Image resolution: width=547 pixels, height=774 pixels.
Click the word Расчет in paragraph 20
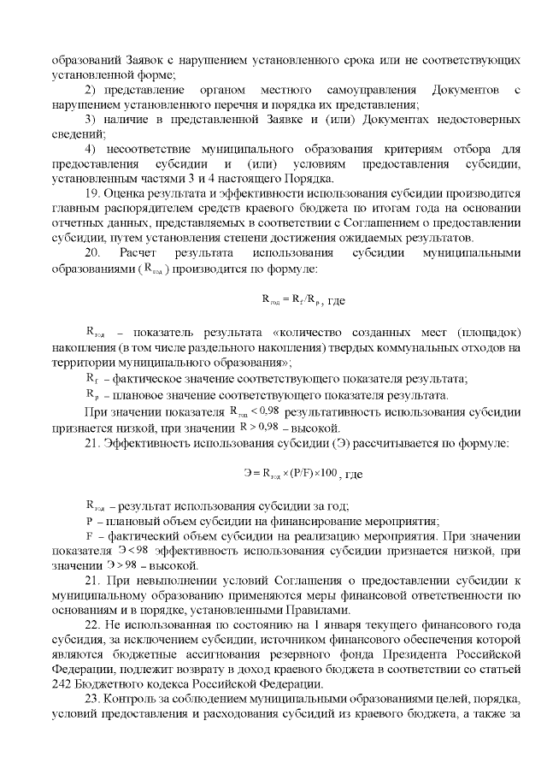(x=140, y=253)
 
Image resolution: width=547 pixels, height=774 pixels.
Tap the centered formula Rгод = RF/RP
(x=292, y=300)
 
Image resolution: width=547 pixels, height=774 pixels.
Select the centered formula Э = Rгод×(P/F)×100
(x=291, y=473)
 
